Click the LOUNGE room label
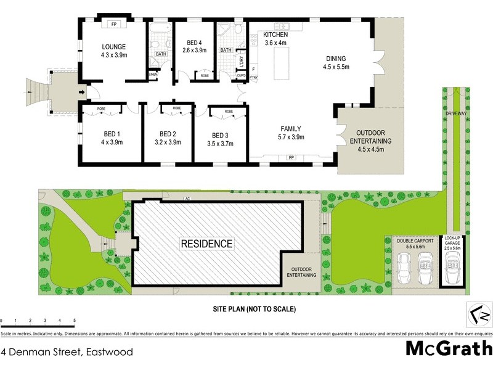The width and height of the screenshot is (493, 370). point(115,46)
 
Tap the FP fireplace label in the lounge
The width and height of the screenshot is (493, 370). point(114,25)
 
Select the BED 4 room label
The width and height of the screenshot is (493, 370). point(196,43)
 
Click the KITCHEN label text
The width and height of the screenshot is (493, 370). point(275,35)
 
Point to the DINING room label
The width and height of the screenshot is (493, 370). point(337,59)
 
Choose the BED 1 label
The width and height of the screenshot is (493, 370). point(111,134)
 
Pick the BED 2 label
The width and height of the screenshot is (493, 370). point(168,134)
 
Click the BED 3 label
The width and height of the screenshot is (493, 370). point(220,135)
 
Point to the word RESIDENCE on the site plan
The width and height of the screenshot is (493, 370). point(206,244)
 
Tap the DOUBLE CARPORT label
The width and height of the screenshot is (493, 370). point(415,240)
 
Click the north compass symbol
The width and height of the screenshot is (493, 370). point(481,314)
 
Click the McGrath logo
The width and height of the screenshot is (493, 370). point(449,349)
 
